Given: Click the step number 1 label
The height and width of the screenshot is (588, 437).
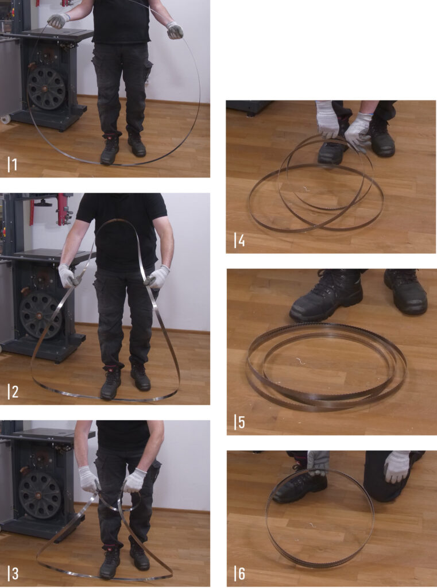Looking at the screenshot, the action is (x=12, y=164).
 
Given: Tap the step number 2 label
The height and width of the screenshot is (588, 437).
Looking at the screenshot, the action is (x=13, y=392).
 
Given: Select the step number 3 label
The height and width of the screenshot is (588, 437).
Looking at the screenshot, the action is (x=13, y=574).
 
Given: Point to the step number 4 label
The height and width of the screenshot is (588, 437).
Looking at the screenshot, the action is (x=239, y=240).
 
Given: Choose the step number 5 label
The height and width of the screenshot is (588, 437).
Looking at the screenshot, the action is (x=239, y=422).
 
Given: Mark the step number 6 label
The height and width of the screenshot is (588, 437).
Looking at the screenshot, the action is (x=239, y=574).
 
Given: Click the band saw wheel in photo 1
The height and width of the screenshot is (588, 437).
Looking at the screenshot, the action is (x=46, y=88).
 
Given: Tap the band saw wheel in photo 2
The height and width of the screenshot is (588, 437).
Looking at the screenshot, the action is (x=40, y=316).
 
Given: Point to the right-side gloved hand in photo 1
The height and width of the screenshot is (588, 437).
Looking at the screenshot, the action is (x=175, y=30).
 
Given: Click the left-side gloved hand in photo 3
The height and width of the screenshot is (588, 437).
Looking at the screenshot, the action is (x=88, y=479).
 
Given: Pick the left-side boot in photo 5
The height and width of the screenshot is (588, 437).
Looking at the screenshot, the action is (x=326, y=296).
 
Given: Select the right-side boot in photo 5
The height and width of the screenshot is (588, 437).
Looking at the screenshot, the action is (x=406, y=291).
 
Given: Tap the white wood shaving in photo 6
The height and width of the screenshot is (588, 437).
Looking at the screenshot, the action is (x=312, y=524).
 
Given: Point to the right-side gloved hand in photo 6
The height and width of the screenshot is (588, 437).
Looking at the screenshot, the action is (x=397, y=466).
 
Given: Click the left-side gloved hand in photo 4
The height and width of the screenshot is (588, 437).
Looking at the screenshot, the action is (x=327, y=119).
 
